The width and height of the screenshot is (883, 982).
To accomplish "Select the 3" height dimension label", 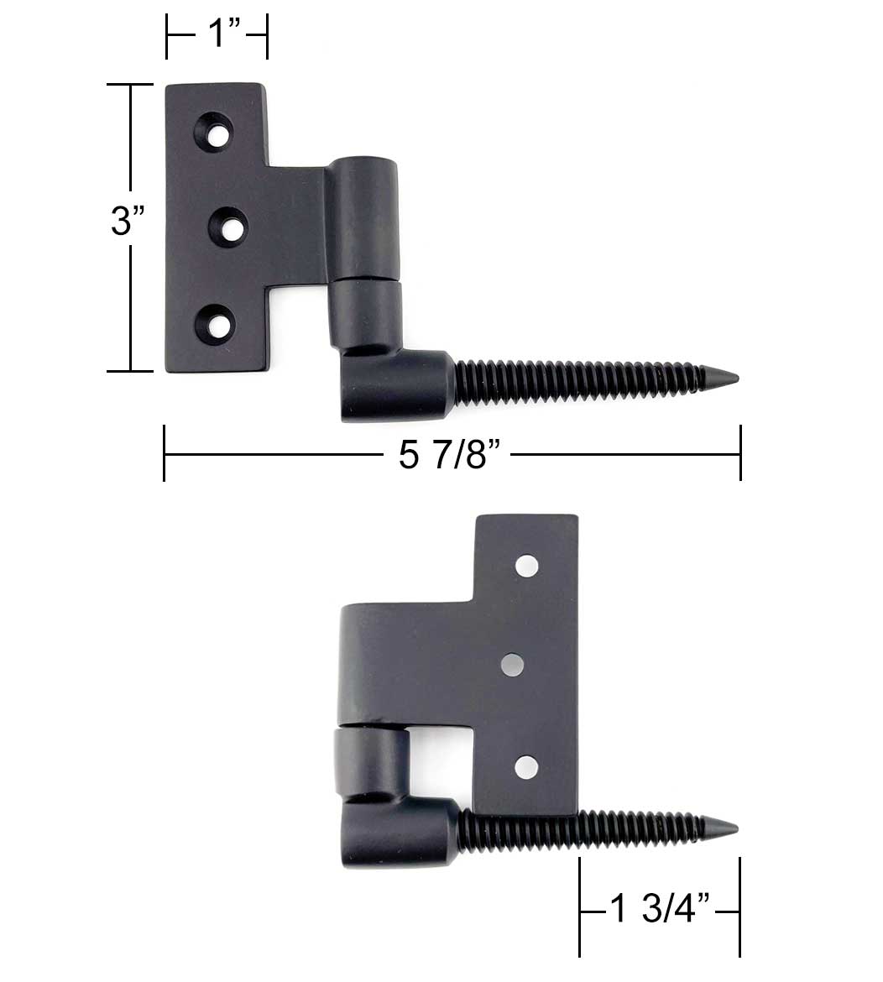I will [x=128, y=222].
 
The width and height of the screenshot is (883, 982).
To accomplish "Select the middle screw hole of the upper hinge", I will [x=227, y=227].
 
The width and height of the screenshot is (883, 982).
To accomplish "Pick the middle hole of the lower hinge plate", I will [x=512, y=666].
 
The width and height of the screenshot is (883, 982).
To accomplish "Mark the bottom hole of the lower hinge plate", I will [x=526, y=765].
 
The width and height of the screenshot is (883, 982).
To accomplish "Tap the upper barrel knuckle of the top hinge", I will [x=363, y=217].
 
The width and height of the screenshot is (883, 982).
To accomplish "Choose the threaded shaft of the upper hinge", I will [x=579, y=380].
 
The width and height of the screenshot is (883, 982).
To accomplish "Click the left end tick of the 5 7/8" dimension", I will [x=165, y=453].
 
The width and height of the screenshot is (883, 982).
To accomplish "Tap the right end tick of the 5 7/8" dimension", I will [x=740, y=453].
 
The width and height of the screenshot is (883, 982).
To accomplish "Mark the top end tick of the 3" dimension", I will [x=130, y=85].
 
